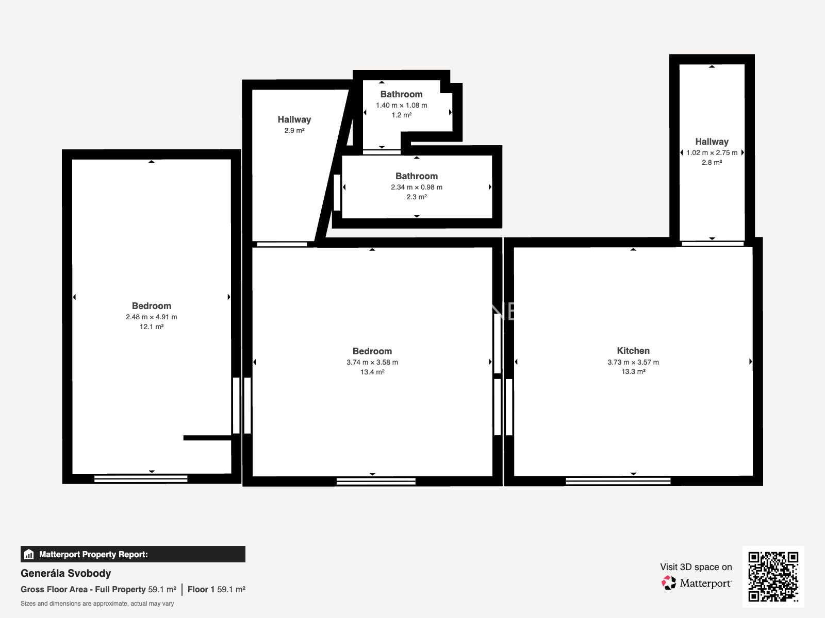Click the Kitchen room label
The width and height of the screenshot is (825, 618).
coord(633,351)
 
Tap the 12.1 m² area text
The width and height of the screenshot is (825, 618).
coord(152,327)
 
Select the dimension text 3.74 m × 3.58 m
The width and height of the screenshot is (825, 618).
coord(372,362)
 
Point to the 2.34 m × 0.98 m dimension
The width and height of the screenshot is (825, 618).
coord(417,187)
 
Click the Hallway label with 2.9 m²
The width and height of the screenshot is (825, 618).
coord(294,119)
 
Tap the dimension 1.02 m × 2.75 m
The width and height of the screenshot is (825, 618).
coord(712,153)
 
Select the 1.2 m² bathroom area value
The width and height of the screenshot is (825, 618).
coord(401,115)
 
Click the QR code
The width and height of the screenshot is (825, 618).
coord(773,577)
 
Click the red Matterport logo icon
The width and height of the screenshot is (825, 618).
coord(668,583)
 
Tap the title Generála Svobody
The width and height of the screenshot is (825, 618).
coord(66,573)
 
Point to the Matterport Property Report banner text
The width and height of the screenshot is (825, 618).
coord(94,554)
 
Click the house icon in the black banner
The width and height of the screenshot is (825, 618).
coord(29,554)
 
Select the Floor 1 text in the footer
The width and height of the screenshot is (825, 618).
coord(201,590)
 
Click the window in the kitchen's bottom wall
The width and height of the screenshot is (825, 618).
coord(618,480)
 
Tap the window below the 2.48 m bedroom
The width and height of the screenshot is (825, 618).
coord(141,479)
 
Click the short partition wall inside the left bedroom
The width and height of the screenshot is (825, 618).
coord(207,438)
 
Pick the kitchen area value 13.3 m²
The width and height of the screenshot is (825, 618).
coord(633,371)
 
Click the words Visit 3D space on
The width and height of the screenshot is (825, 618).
coord(696,567)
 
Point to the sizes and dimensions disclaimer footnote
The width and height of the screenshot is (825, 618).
coord(97,604)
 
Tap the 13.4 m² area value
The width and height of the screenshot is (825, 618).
coord(372,372)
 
